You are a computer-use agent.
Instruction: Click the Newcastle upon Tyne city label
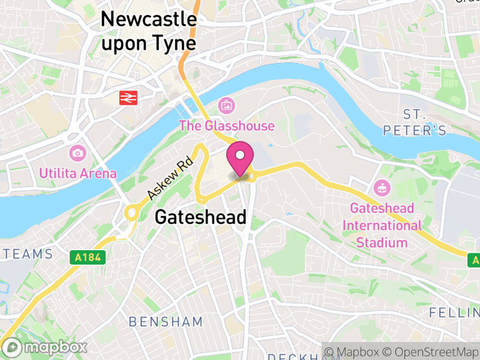click(x=148, y=31)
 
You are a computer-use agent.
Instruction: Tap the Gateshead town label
click(x=200, y=217)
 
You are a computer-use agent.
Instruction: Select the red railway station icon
click(x=128, y=98)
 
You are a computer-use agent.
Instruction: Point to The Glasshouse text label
click(x=227, y=126)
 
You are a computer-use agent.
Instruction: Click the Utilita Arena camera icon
click(x=77, y=153)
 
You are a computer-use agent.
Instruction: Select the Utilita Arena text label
click(x=77, y=174)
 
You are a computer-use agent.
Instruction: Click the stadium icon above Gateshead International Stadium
click(x=382, y=188)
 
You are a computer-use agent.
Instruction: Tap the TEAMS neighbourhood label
click(x=28, y=254)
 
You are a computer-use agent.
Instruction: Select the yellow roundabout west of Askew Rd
click(x=132, y=212)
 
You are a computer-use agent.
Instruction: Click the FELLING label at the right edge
click(x=455, y=313)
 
